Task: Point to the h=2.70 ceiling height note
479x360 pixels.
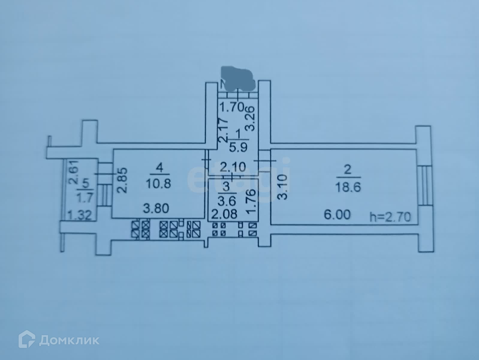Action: [x=390, y=216]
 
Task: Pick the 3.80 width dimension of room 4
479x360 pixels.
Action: [x=156, y=208]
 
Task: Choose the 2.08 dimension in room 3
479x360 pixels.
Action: [x=224, y=214]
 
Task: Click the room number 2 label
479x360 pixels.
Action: [x=347, y=170]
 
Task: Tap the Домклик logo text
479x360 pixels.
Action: [x=69, y=340]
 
